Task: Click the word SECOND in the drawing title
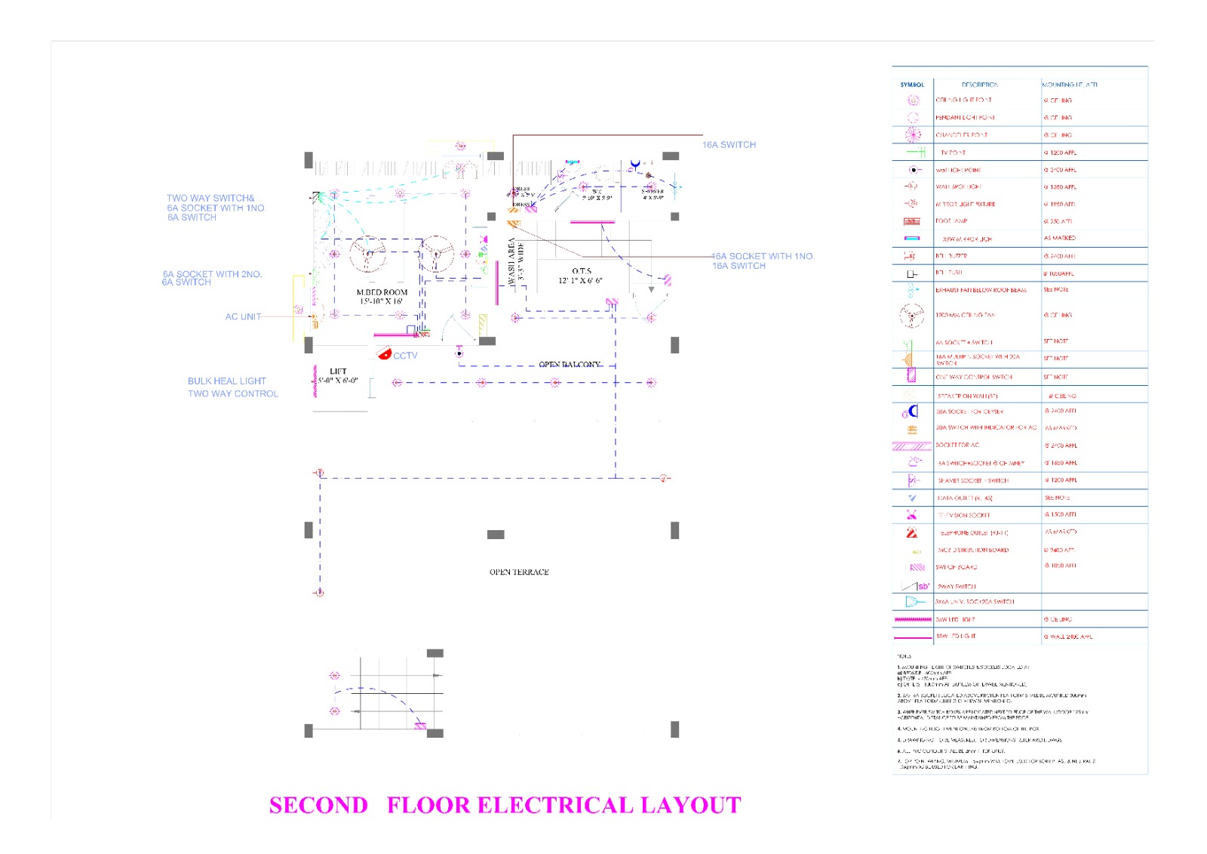(318, 805)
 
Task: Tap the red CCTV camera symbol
(384, 353)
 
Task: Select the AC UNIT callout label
(243, 317)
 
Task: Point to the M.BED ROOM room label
(382, 292)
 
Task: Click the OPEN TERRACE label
(519, 572)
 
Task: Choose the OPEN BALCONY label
(570, 365)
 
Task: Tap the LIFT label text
(338, 372)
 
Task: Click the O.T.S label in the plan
(581, 271)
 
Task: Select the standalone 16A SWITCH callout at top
(729, 145)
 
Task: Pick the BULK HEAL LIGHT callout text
(227, 381)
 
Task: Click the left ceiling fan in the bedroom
(367, 254)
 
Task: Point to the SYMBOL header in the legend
(912, 85)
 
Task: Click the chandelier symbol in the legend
(913, 135)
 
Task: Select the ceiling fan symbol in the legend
(911, 316)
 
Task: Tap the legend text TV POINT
(953, 153)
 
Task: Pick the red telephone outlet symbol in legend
(912, 532)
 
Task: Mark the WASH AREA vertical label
(512, 261)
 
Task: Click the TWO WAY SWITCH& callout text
(210, 199)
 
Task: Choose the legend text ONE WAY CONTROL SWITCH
(974, 377)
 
